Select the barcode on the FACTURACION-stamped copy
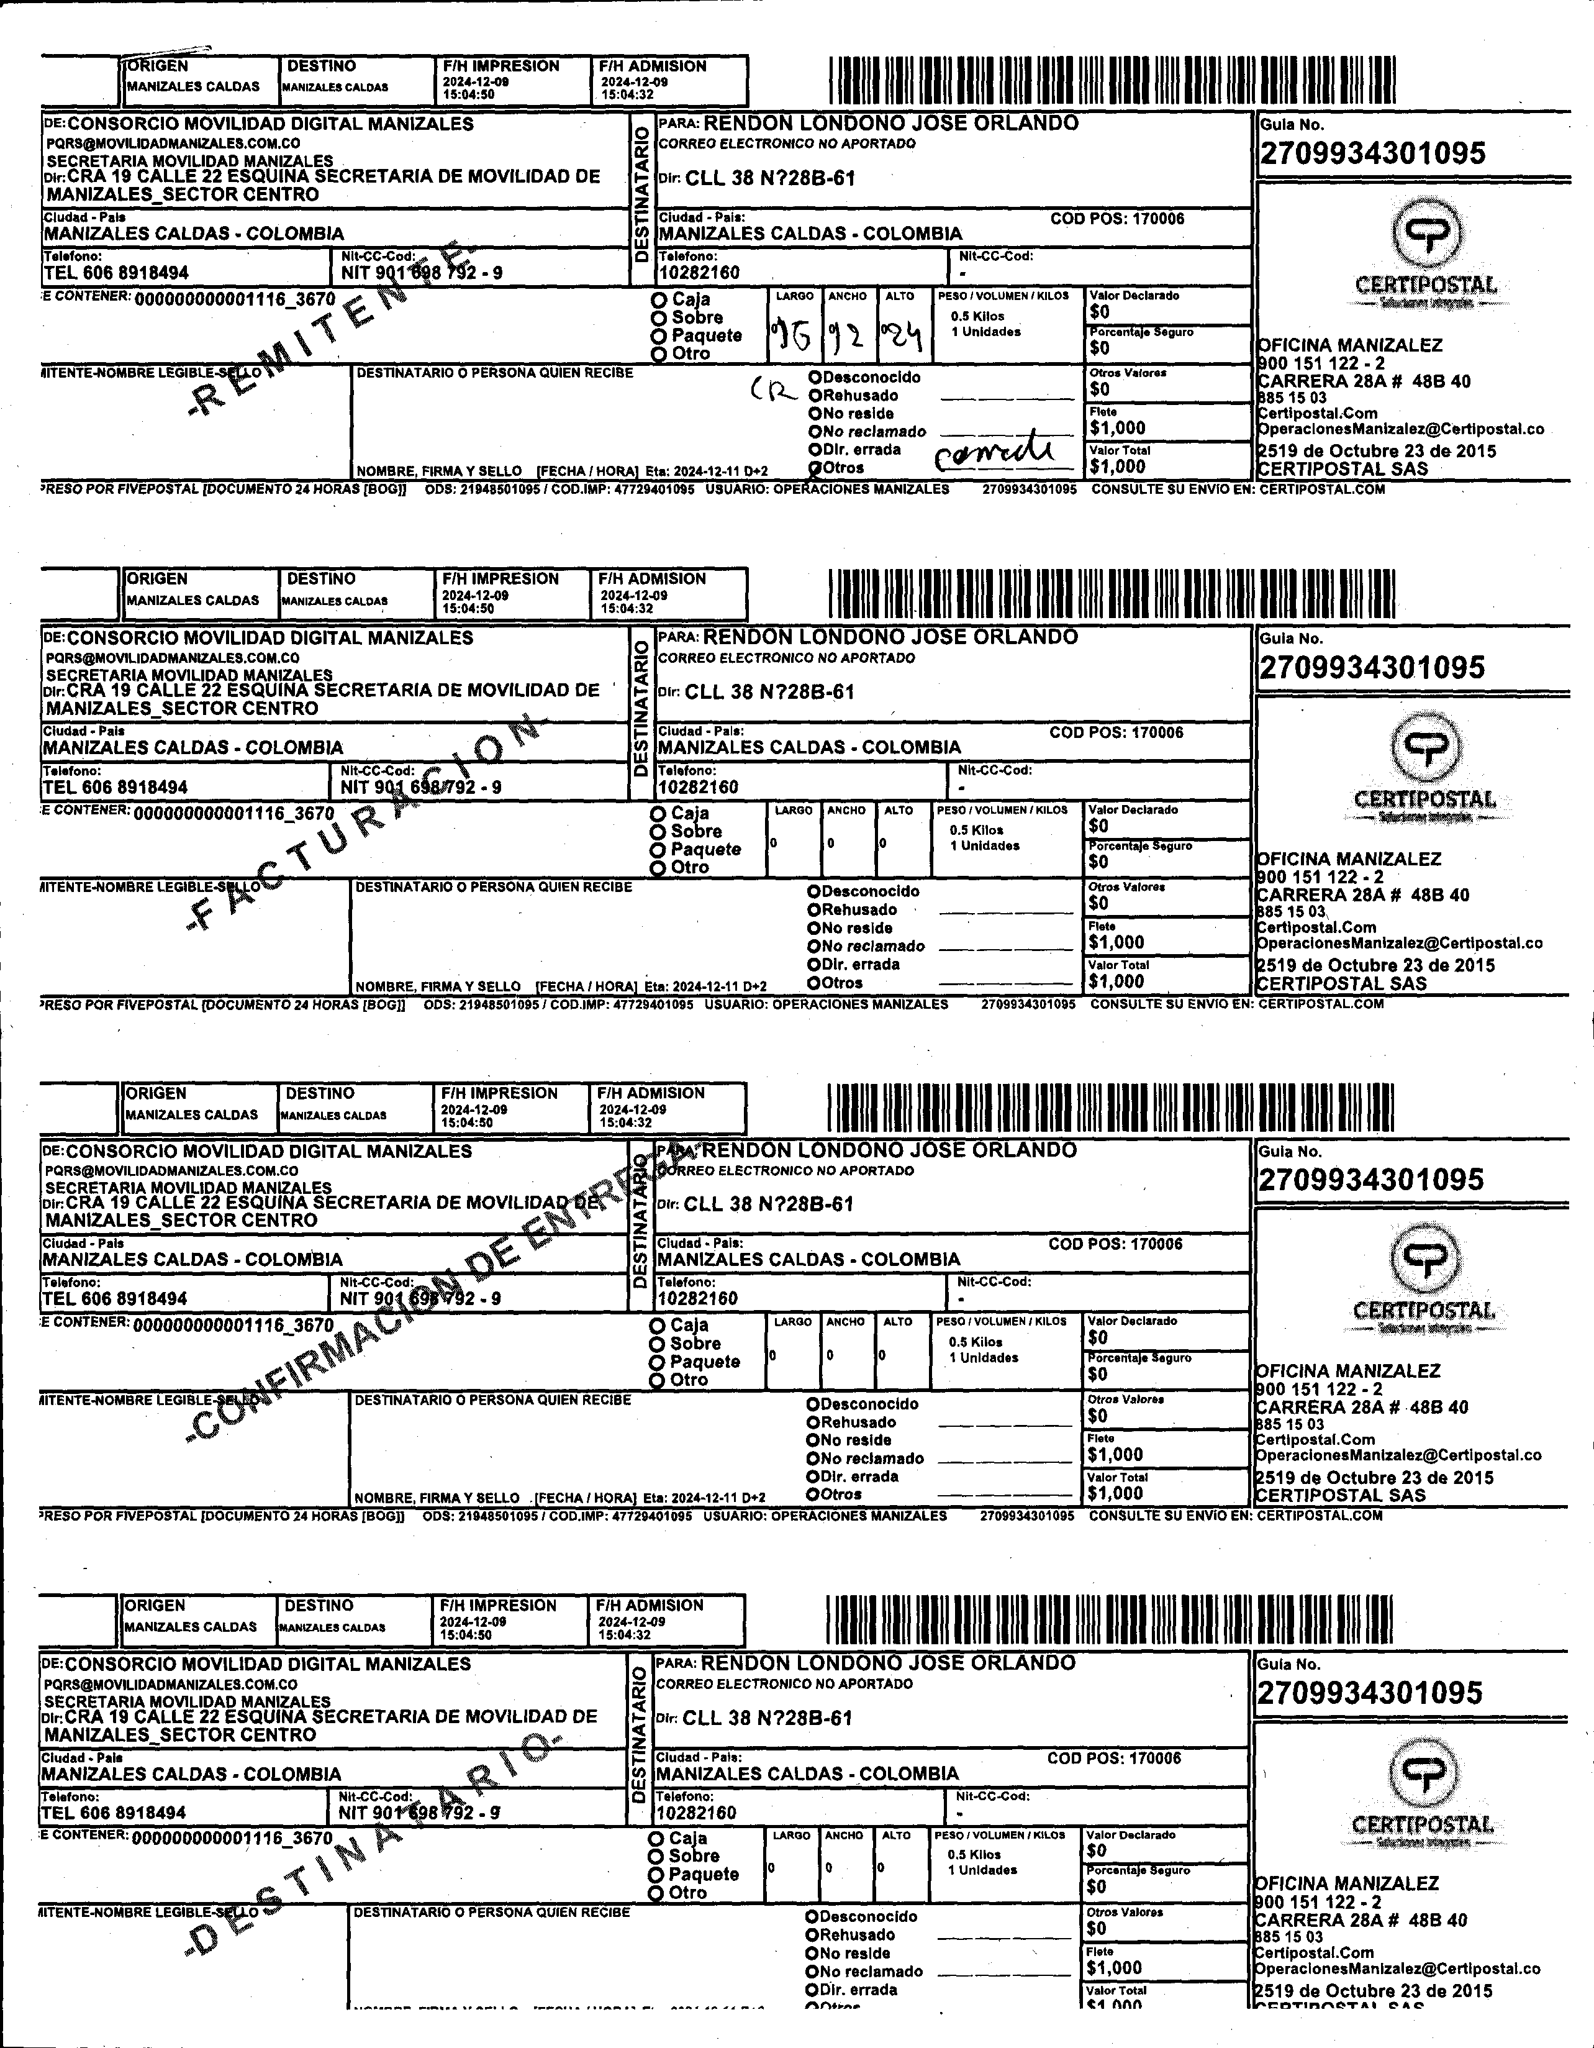point(1111,593)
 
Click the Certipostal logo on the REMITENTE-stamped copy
point(1425,253)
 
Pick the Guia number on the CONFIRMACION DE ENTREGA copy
point(1371,1180)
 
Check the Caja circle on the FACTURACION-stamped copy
point(658,814)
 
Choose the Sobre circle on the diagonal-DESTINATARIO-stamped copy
point(656,1857)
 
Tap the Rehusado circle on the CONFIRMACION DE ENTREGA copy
point(814,1422)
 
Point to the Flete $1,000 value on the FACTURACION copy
point(1116,942)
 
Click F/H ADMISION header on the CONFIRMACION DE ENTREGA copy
point(651,1093)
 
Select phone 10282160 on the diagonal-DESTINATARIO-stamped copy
point(695,1813)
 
